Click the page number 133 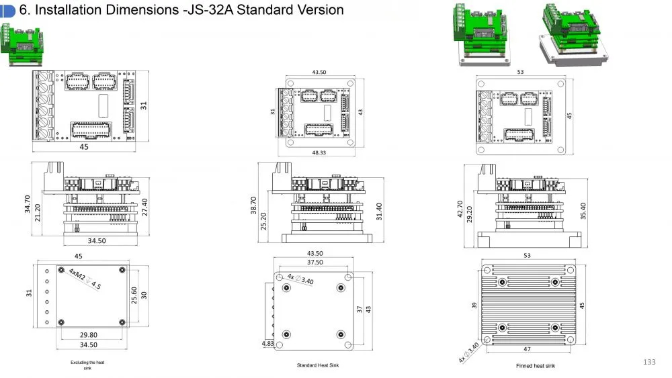click(x=649, y=362)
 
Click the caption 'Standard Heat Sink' click(x=318, y=365)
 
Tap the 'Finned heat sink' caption click(x=536, y=366)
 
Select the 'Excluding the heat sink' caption click(x=87, y=365)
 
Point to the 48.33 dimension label click(x=319, y=152)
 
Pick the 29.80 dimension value click(x=89, y=335)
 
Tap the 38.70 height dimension click(x=253, y=205)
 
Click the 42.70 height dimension click(x=460, y=209)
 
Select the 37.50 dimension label click(x=315, y=262)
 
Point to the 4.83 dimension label click(x=267, y=343)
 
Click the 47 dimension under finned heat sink click(x=527, y=349)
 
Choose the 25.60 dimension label click(x=134, y=295)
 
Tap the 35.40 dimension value click(x=583, y=211)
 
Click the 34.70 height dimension click(x=28, y=203)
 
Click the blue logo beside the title click(x=7, y=11)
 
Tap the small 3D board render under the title click(x=22, y=44)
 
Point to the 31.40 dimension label click(x=379, y=211)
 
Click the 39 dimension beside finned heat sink click(x=474, y=305)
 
